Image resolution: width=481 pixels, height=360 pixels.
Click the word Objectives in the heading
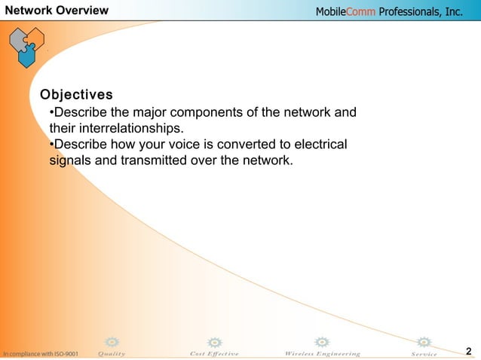(76, 95)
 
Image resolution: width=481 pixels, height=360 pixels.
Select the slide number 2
(469, 351)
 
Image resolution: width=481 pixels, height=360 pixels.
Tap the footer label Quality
(112, 353)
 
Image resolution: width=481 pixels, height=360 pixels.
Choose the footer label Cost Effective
(214, 353)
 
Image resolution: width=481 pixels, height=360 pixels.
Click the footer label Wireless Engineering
(322, 353)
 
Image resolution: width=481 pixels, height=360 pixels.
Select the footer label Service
(424, 353)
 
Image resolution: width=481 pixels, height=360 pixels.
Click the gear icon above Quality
(112, 342)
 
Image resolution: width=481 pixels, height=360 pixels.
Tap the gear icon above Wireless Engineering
(322, 342)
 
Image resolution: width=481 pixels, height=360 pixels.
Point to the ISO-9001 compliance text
(39, 353)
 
